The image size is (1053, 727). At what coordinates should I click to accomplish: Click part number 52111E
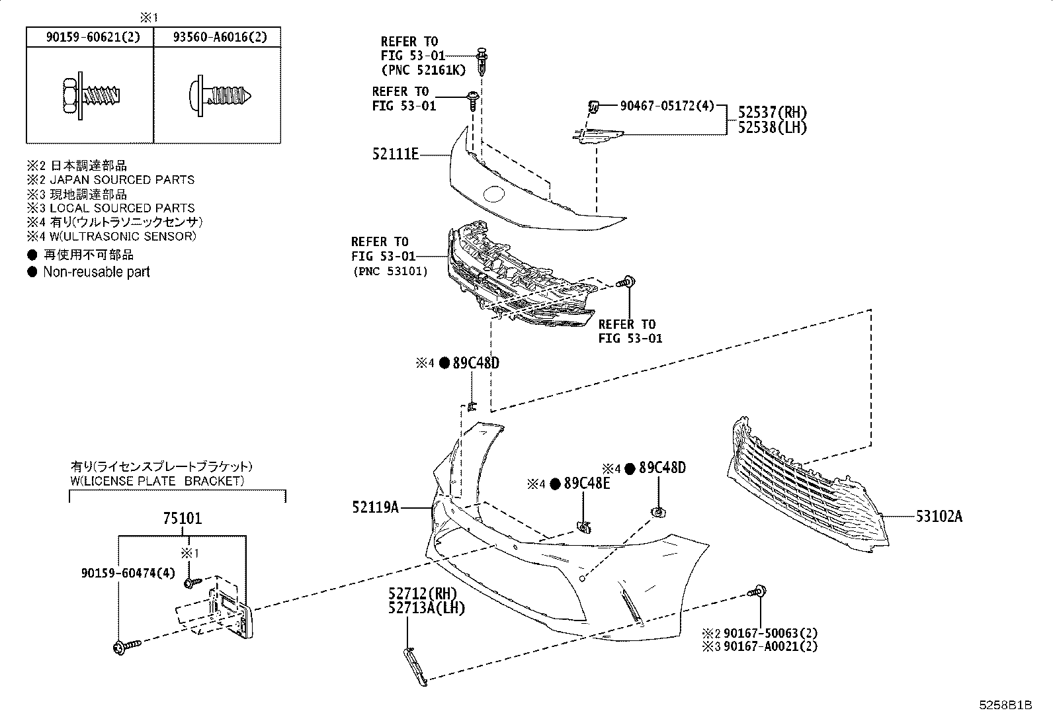coord(395,155)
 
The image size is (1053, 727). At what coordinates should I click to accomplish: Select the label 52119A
coord(375,507)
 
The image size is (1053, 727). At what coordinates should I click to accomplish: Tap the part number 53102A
coord(939,516)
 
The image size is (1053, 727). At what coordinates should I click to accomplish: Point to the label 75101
coord(182,519)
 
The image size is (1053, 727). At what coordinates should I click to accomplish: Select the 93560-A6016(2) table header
coord(216,37)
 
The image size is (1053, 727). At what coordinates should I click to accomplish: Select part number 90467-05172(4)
coord(667,105)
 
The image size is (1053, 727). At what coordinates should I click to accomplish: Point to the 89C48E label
coord(587,484)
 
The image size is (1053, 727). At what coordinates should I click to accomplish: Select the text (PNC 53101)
coord(390,271)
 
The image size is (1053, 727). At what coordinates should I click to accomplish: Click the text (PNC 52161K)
coord(423,70)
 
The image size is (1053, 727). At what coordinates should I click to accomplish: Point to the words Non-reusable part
coord(96,272)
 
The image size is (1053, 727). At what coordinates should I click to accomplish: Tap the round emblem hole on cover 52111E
coord(494,194)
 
